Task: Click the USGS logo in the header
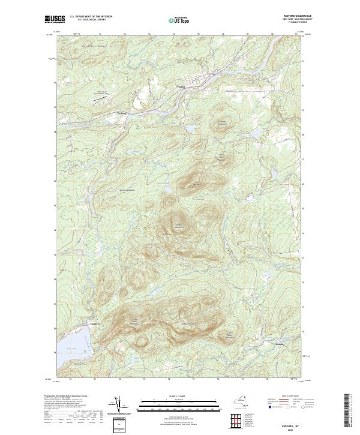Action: tap(55, 19)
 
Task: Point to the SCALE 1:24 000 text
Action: tap(178, 396)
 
